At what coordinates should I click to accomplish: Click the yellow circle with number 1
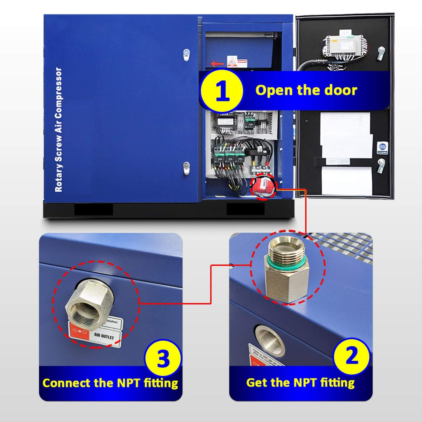(x=223, y=91)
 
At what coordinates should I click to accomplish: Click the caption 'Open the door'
(x=306, y=90)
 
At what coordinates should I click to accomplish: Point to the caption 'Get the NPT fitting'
(x=300, y=382)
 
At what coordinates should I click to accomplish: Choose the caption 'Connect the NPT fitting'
(x=110, y=383)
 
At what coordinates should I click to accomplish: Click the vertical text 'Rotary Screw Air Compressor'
(x=59, y=130)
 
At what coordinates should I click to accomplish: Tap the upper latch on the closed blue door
(x=186, y=54)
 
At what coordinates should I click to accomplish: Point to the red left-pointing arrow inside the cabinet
(x=217, y=64)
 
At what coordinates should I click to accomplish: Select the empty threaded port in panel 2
(x=270, y=340)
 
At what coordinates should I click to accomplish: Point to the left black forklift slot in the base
(x=94, y=209)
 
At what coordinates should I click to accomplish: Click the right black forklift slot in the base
(x=245, y=209)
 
